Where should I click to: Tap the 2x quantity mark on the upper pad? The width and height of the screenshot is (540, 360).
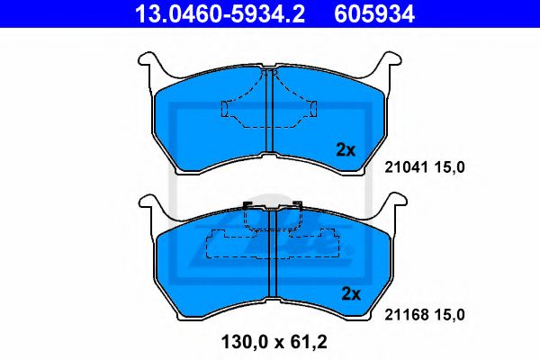[x=346, y=150]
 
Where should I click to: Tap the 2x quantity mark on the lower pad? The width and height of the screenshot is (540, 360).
[x=350, y=293]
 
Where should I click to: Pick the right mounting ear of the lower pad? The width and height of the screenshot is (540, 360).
[x=393, y=206]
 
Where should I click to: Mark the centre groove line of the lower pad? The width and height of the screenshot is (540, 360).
[x=271, y=270]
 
